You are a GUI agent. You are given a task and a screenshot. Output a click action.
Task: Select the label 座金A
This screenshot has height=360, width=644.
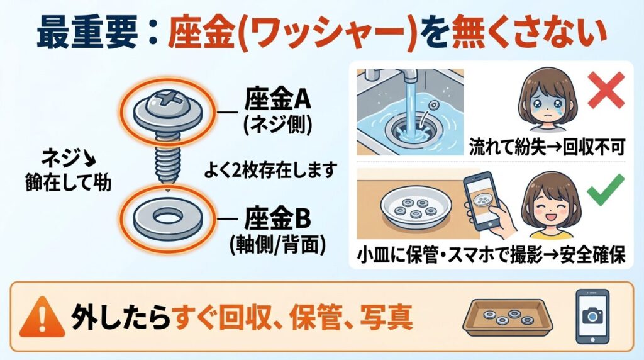277,101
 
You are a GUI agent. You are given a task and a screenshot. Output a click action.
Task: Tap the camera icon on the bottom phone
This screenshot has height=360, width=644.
592,317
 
